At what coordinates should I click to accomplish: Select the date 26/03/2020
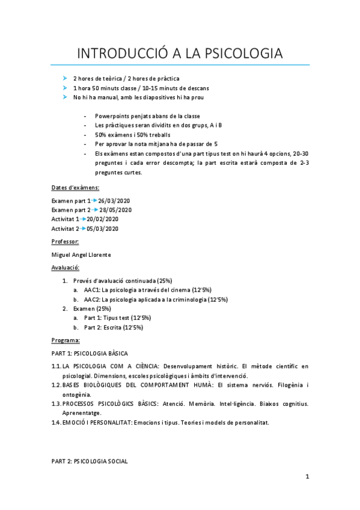(x=114, y=200)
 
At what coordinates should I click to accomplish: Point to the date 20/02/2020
(x=103, y=219)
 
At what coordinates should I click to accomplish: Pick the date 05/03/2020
(x=103, y=229)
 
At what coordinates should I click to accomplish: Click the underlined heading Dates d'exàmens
(x=76, y=188)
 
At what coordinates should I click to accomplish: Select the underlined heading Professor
(x=66, y=241)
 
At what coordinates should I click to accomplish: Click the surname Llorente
(x=99, y=254)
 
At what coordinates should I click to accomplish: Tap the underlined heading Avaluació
(x=66, y=267)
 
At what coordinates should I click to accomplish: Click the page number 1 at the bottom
(x=307, y=477)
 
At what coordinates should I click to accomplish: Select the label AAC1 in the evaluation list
(x=91, y=290)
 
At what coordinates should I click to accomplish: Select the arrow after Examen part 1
(x=93, y=200)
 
